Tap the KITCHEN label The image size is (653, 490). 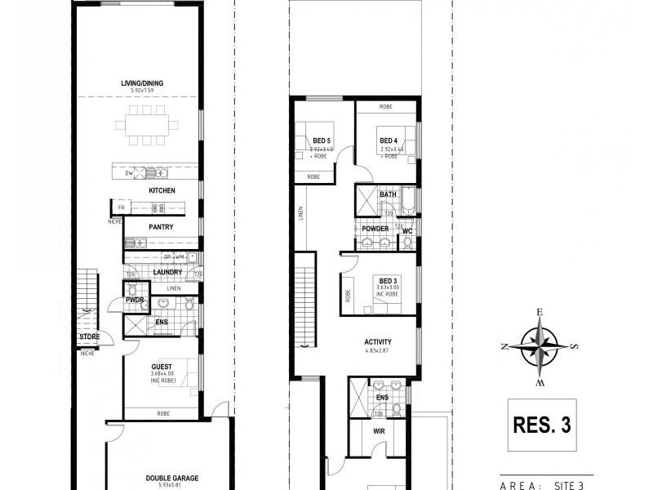[x=162, y=191]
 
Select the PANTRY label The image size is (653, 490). [x=160, y=227]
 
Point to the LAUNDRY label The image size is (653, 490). [x=167, y=274]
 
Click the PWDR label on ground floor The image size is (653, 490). [x=134, y=301]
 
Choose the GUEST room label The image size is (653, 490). [x=161, y=367]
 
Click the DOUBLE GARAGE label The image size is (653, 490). [x=172, y=479]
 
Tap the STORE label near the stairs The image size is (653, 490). [x=89, y=336]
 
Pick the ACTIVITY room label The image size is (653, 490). [x=378, y=342]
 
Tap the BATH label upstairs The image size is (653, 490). [x=388, y=194]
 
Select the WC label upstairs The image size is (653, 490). [x=406, y=231]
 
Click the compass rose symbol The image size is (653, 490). [x=540, y=345]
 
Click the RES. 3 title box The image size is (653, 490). [x=540, y=425]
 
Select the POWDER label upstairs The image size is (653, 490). [x=375, y=229]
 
